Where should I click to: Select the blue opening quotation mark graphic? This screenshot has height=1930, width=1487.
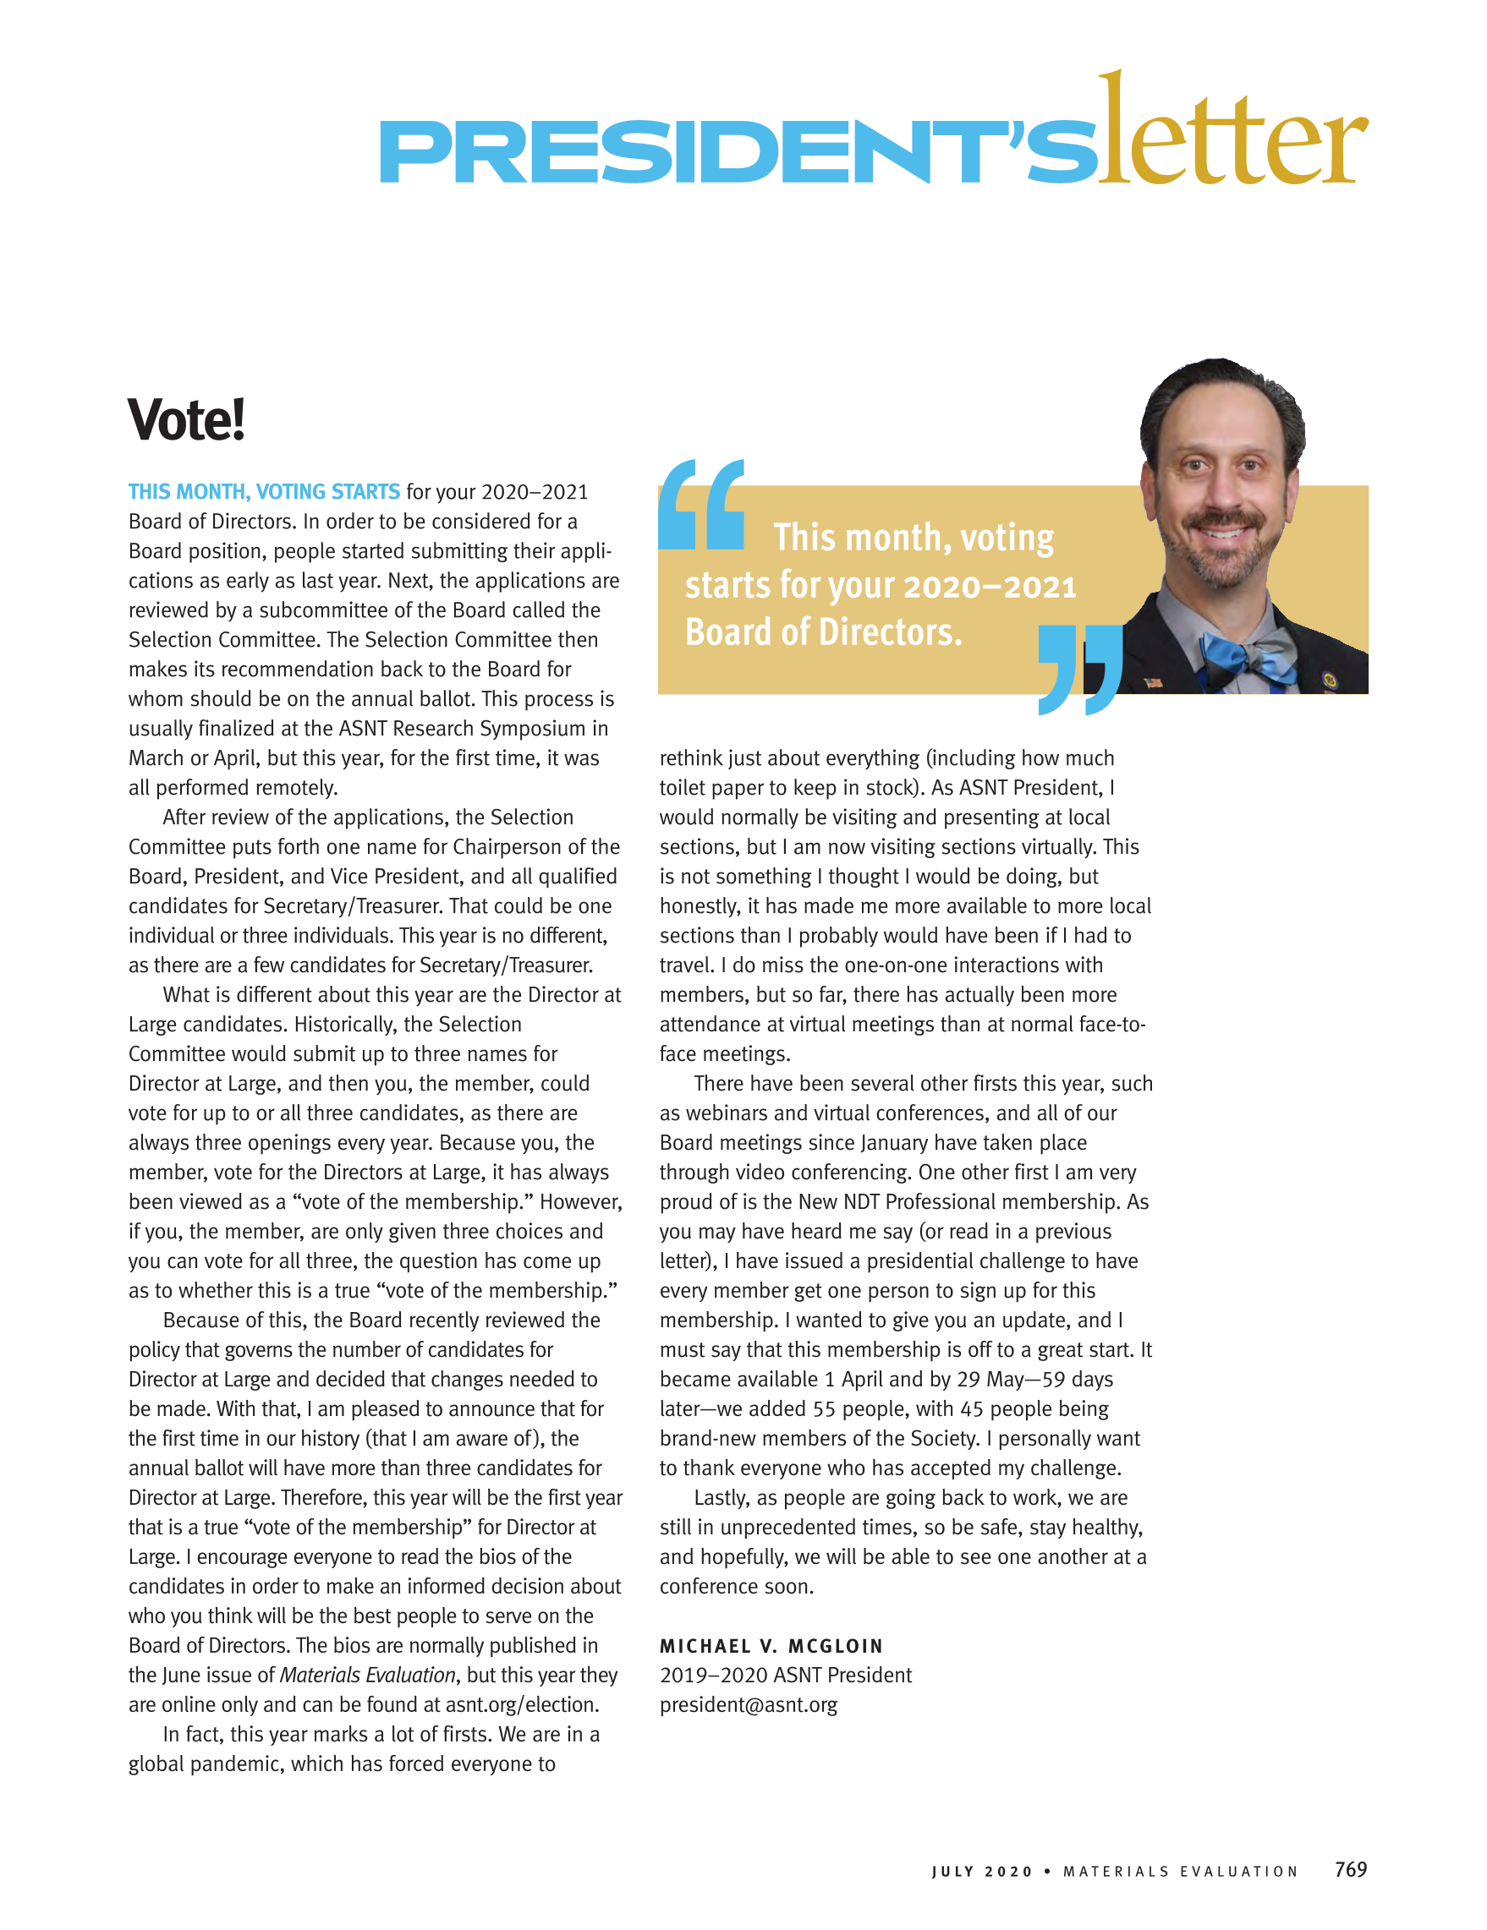click(x=701, y=505)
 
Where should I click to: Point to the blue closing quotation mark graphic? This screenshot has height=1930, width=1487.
click(x=1079, y=669)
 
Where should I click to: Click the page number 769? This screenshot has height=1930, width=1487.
click(x=1350, y=1869)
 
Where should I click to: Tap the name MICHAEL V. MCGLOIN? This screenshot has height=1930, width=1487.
click(x=771, y=1645)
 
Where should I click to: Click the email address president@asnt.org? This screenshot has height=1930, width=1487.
click(x=748, y=1704)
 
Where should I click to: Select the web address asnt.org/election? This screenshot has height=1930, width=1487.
click(x=522, y=1704)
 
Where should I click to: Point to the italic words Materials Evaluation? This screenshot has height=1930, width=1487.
click(x=367, y=1675)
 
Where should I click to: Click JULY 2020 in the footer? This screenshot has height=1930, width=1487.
click(x=981, y=1872)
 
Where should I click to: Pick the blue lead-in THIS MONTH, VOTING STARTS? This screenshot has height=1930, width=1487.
click(x=263, y=491)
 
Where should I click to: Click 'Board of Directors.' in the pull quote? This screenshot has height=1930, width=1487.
click(x=823, y=632)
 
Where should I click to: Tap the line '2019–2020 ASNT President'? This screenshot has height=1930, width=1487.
click(x=785, y=1675)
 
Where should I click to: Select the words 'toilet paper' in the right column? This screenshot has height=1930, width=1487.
click(x=716, y=787)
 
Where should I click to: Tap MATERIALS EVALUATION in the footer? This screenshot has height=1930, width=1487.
click(x=1180, y=1872)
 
